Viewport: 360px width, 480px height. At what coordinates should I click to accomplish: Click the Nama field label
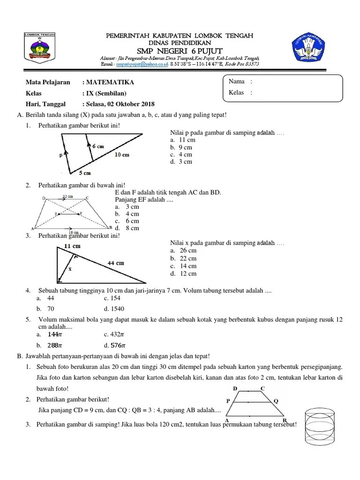tap(237, 82)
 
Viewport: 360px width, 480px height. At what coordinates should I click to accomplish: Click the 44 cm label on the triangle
tap(116, 263)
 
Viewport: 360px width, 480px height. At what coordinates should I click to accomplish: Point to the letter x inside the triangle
tap(70, 269)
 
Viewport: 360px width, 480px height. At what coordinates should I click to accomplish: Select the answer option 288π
tap(52, 345)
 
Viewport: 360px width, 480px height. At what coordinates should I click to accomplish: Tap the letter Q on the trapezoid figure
tap(276, 401)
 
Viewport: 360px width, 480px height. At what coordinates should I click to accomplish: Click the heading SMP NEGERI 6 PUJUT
tap(180, 51)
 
